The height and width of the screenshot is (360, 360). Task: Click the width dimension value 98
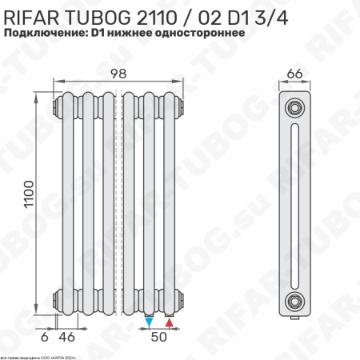118,74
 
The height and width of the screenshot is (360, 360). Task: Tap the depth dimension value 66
294,74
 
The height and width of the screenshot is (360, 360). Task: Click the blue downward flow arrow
150,322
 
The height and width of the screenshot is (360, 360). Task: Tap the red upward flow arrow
169,322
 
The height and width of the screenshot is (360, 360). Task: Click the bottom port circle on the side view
296,301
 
